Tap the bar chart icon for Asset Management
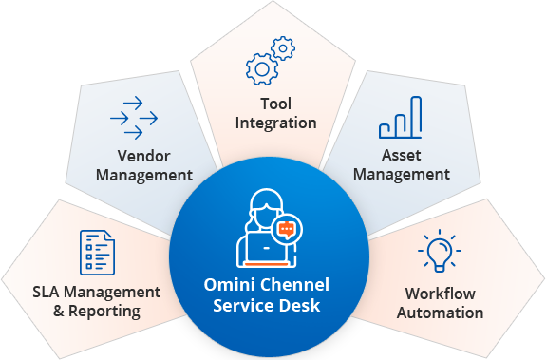[x=400, y=118]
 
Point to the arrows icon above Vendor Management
[x=133, y=118]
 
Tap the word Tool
[x=275, y=104]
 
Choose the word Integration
[x=275, y=123]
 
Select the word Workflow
[x=440, y=293]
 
